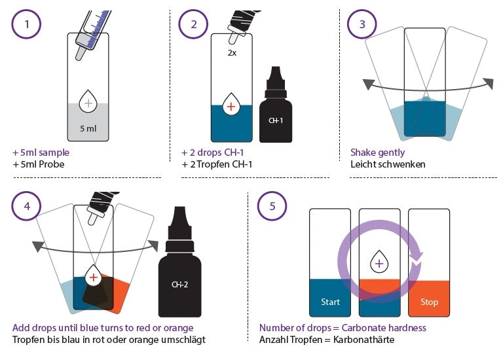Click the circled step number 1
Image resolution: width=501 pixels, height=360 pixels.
(x=27, y=24)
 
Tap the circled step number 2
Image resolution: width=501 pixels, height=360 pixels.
(x=193, y=24)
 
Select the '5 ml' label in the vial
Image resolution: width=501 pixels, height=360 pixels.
(x=88, y=129)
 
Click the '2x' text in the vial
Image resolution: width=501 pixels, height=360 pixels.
(x=232, y=53)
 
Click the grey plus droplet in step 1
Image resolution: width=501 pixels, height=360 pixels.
(x=88, y=102)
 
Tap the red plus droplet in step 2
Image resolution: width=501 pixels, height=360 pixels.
(x=231, y=104)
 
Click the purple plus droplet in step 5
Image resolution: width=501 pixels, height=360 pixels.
(x=379, y=262)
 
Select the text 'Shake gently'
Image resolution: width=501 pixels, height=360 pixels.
(x=377, y=153)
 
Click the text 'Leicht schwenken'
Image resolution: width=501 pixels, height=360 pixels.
(x=387, y=164)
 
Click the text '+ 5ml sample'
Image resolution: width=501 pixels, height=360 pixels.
(x=41, y=153)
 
